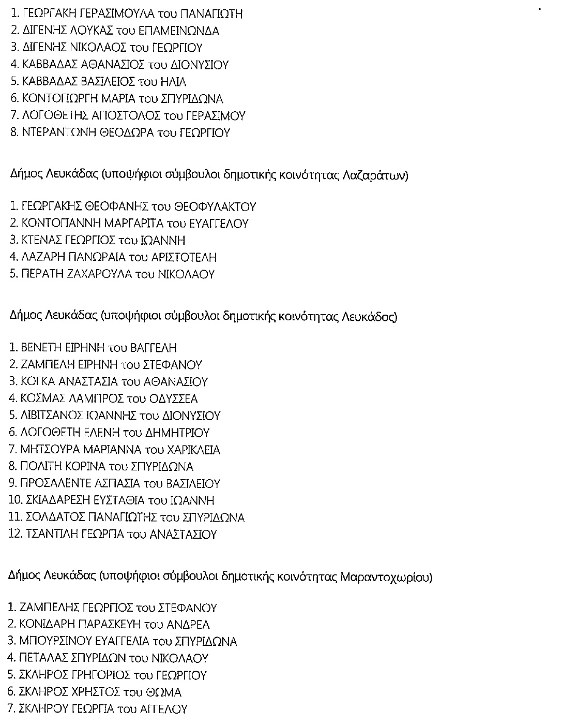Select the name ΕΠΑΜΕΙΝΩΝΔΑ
coord(183,31)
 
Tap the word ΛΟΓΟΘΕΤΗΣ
coord(55,116)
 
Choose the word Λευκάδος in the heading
coord(369,317)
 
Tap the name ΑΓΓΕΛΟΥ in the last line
coord(164,709)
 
